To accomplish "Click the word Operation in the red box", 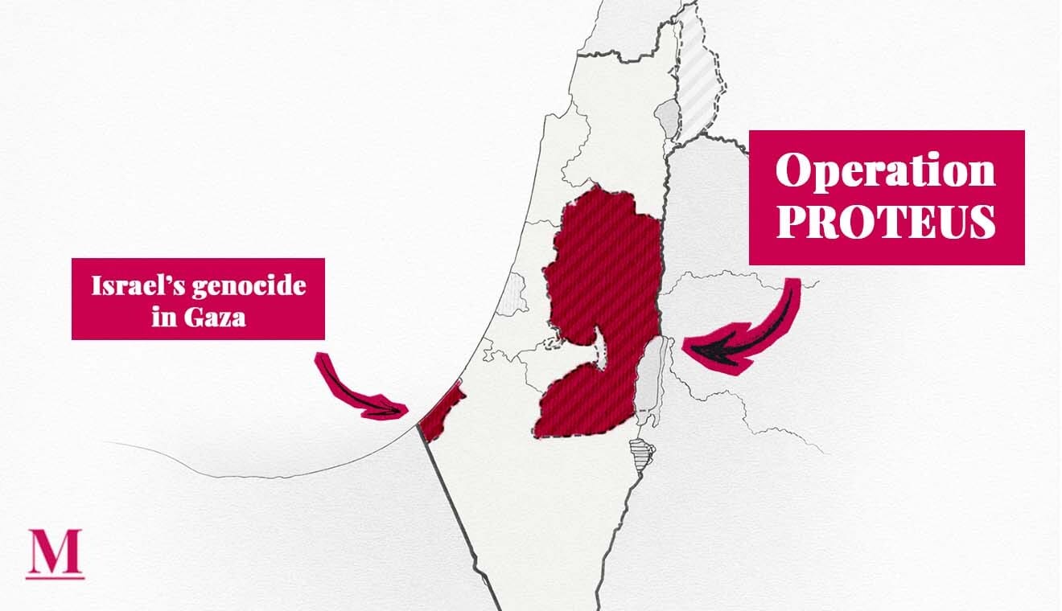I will click(886, 170).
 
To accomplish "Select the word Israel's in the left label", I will click(133, 286).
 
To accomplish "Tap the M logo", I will click(55, 551).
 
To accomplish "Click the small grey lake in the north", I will click(667, 118).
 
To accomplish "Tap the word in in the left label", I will click(163, 318).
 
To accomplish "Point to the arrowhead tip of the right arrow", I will click(686, 346).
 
